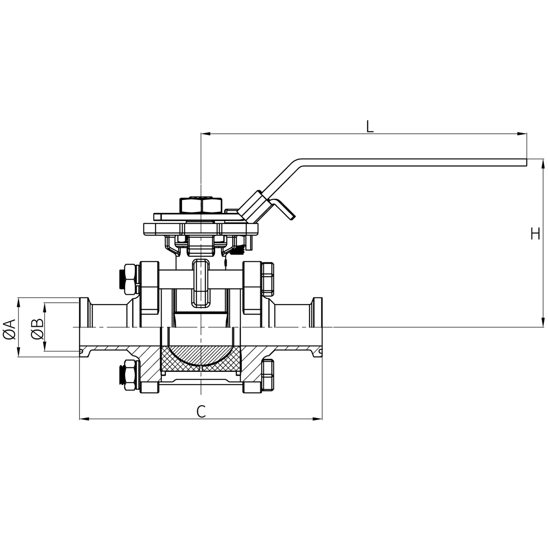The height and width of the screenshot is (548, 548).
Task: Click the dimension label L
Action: point(369,126)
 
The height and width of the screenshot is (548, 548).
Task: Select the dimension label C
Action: point(201,411)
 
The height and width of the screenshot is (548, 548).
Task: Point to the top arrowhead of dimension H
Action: point(543,163)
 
